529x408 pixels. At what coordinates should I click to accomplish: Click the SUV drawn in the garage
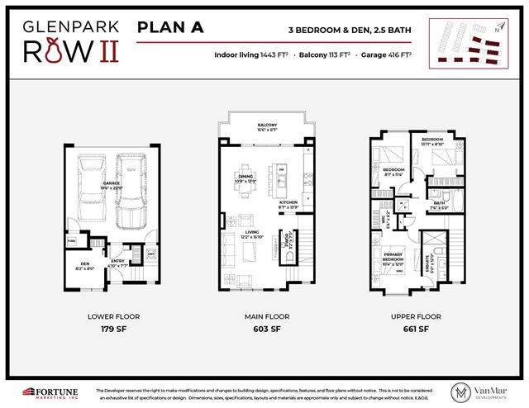[x=130, y=187]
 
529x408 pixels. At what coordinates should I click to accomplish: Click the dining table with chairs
[x=245, y=183]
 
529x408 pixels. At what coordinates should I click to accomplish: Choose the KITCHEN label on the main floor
[x=288, y=203]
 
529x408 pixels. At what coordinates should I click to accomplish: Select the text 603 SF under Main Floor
[x=264, y=328]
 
